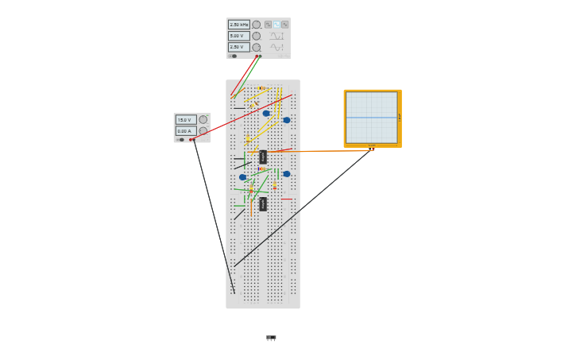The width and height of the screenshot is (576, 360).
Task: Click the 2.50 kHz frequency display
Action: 239,25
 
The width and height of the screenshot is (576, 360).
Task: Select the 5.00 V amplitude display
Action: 239,36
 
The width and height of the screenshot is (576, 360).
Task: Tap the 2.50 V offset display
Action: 239,47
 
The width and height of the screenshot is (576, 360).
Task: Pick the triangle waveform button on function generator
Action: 285,25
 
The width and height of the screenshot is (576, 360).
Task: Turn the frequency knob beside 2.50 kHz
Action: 256,25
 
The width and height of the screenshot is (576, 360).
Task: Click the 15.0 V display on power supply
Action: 185,120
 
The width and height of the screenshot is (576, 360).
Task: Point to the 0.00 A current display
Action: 185,131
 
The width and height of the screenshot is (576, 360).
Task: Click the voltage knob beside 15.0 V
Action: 203,120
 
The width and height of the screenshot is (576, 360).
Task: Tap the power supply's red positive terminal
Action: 191,140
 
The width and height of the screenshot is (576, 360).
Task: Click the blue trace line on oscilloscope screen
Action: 371,118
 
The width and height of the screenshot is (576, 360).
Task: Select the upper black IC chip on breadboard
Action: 263,157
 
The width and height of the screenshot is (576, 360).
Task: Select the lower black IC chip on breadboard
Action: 263,204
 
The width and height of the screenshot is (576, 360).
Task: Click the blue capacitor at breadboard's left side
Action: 243,177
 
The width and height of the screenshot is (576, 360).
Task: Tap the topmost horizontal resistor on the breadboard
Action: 263,88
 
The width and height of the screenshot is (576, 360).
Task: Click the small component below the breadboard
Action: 271,338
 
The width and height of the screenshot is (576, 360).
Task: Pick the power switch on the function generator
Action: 234,56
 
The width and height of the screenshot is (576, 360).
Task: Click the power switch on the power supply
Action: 181,140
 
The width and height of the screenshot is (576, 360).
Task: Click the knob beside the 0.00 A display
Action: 203,131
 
